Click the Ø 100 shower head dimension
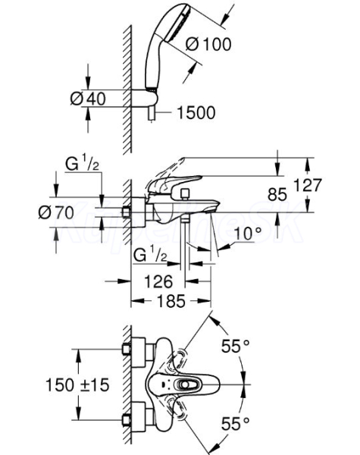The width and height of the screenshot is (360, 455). point(208,45)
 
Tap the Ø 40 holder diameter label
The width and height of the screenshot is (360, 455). point(88,99)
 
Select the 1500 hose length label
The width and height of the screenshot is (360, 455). point(196,112)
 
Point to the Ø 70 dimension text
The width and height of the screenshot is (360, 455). point(56,212)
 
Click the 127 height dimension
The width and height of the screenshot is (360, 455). point(308,185)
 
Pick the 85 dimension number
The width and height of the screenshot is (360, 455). point(277,194)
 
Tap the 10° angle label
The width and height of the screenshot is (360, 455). point(247,234)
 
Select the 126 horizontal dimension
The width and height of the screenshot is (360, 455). point(158,281)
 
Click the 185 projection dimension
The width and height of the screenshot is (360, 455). point(171,301)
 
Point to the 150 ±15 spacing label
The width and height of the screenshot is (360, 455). point(77,385)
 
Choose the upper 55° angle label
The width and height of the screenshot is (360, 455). point(235,346)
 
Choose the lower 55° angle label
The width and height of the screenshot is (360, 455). point(235,424)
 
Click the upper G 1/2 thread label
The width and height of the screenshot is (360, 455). point(82,165)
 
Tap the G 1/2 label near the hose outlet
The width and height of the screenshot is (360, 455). point(150,256)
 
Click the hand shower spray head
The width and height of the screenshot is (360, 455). point(177,25)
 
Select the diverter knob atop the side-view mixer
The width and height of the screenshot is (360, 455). point(184,193)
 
